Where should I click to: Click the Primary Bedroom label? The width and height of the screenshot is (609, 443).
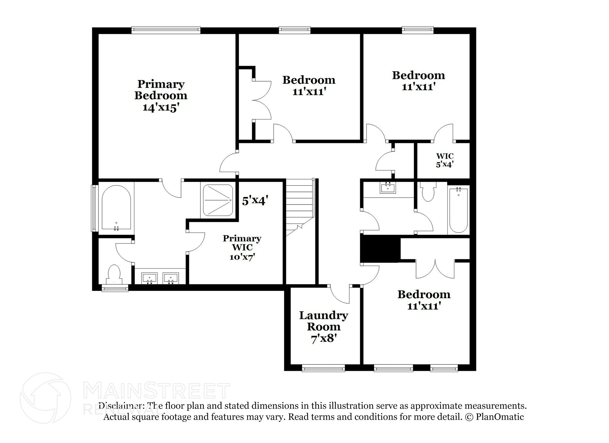pyautogui.click(x=161, y=96)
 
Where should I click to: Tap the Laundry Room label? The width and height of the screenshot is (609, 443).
pyautogui.click(x=324, y=327)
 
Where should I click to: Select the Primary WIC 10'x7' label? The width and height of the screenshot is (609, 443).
pyautogui.click(x=242, y=247)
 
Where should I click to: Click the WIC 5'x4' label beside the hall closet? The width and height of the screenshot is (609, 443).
pyautogui.click(x=445, y=160)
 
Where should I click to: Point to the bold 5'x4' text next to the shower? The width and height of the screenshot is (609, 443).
pyautogui.click(x=255, y=201)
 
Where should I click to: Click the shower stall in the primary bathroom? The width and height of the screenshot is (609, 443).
pyautogui.click(x=218, y=200)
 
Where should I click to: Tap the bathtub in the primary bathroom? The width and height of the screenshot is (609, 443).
pyautogui.click(x=116, y=207)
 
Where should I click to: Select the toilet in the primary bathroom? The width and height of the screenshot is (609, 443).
pyautogui.click(x=114, y=274)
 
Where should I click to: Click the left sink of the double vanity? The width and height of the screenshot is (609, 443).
pyautogui.click(x=149, y=278)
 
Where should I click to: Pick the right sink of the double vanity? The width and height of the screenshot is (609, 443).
pyautogui.click(x=171, y=278)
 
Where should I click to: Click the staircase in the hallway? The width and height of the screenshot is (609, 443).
pyautogui.click(x=300, y=205)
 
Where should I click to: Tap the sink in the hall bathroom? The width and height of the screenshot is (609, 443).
pyautogui.click(x=388, y=188)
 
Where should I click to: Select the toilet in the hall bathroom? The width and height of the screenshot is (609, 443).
pyautogui.click(x=428, y=192)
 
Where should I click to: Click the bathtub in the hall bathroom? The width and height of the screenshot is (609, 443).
pyautogui.click(x=458, y=209)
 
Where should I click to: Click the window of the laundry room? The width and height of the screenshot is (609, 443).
pyautogui.click(x=323, y=369)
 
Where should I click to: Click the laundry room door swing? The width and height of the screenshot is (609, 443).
pyautogui.click(x=340, y=295)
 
